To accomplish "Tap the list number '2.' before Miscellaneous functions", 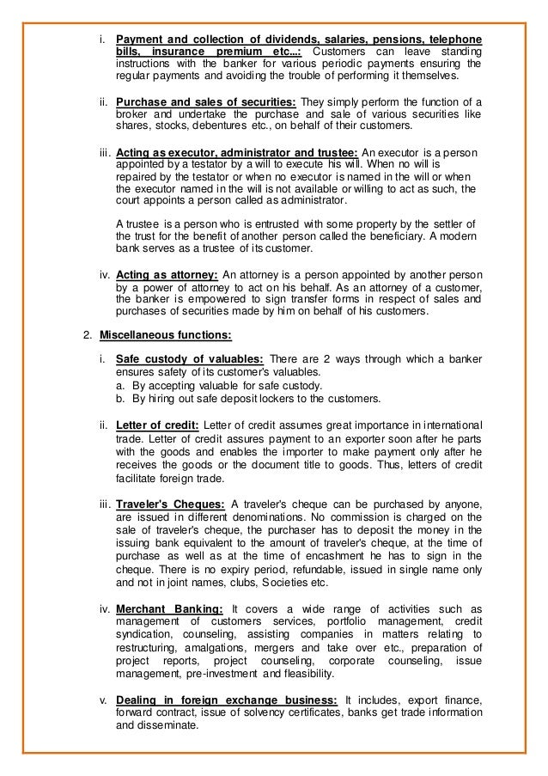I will (86, 334).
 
